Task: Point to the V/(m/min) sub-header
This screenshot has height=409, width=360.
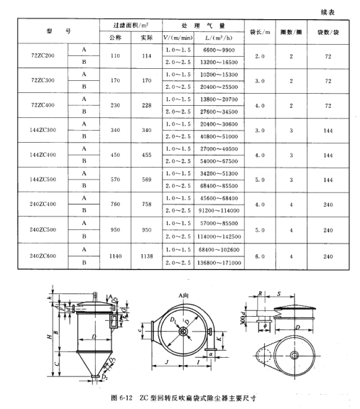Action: pyautogui.click(x=177, y=37)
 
